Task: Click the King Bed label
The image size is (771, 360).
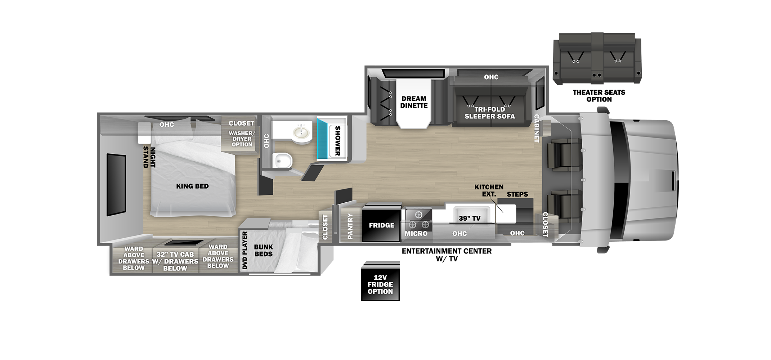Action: pos(192,186)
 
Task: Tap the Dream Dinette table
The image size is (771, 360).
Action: pos(414,103)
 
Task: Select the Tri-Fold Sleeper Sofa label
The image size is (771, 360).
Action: pos(490,113)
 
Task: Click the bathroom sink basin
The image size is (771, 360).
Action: pos(302,132)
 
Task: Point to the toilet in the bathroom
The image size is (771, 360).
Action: pos(283,160)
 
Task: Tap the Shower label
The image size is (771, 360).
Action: pos(338,141)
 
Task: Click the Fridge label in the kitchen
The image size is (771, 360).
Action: pos(381,225)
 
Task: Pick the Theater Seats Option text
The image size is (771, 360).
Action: pos(599,96)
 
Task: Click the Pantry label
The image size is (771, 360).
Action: pos(350,226)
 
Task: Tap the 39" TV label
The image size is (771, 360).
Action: pos(470,218)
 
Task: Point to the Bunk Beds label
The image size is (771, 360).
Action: pos(264,251)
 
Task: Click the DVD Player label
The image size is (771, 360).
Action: pos(245,251)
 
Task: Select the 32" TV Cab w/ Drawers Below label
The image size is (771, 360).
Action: pos(175,261)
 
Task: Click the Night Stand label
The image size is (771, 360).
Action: pos(149,157)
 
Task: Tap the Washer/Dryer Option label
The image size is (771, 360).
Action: pos(242,139)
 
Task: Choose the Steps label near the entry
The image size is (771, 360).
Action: pos(517,194)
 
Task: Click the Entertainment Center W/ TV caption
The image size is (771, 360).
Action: pos(447,255)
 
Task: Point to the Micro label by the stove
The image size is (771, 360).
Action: pos(416,234)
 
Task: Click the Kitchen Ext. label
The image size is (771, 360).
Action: pos(489,190)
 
